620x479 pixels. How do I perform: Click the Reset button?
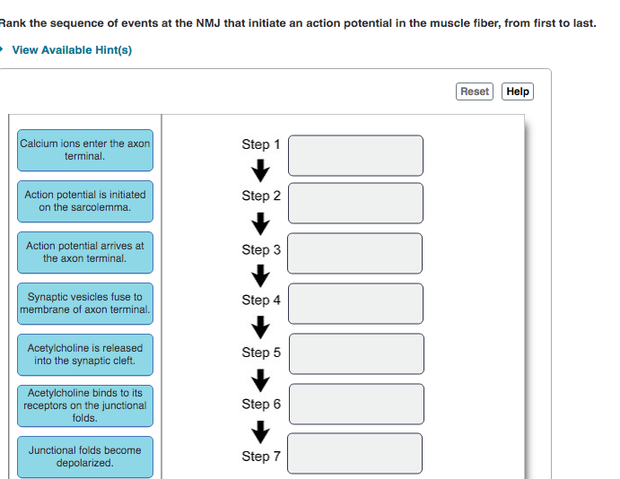click(x=475, y=91)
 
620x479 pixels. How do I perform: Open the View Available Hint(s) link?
click(x=72, y=50)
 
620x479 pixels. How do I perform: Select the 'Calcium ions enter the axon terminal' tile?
click(x=85, y=150)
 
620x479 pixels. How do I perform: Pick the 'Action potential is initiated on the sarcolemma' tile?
click(x=85, y=201)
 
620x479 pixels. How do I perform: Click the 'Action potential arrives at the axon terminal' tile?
click(x=85, y=252)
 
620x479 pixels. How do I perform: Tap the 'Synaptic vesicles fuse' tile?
click(x=85, y=303)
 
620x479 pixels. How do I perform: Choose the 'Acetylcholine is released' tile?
click(x=85, y=354)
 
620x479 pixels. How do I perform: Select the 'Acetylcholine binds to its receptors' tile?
click(x=85, y=405)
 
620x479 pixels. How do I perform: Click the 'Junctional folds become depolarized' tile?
click(x=85, y=457)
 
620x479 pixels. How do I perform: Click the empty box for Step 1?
click(x=354, y=155)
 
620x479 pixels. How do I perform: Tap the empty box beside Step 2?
click(x=354, y=203)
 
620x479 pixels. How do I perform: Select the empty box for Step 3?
click(x=354, y=254)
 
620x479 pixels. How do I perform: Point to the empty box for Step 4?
click(x=354, y=303)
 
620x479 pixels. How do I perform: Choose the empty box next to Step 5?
click(x=354, y=353)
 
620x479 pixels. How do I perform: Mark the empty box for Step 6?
click(x=354, y=404)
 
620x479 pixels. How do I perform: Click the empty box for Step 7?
click(x=354, y=454)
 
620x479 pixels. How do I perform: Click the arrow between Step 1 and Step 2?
click(x=260, y=170)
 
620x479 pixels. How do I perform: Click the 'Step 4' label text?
click(x=260, y=300)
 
